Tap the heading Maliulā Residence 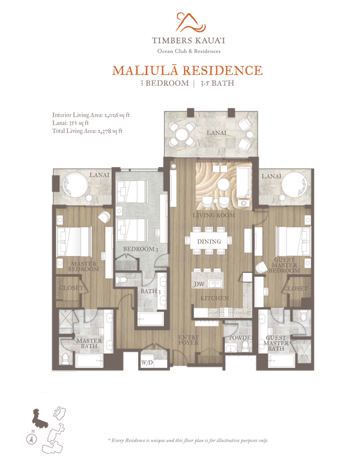click(188, 71)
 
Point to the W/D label click(147, 362)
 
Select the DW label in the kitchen click(199, 284)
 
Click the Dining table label click(209, 241)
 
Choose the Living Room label click(214, 215)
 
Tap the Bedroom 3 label click(141, 249)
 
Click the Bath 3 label click(151, 291)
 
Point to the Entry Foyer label click(188, 340)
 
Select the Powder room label click(241, 338)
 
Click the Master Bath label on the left click(89, 343)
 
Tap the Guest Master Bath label click(276, 343)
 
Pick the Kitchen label click(215, 298)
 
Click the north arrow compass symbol click(31, 439)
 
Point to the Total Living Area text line click(87, 131)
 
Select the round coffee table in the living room click(224, 185)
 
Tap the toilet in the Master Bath click(66, 358)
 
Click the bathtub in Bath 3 click(151, 319)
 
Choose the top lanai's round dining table click(181, 135)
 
